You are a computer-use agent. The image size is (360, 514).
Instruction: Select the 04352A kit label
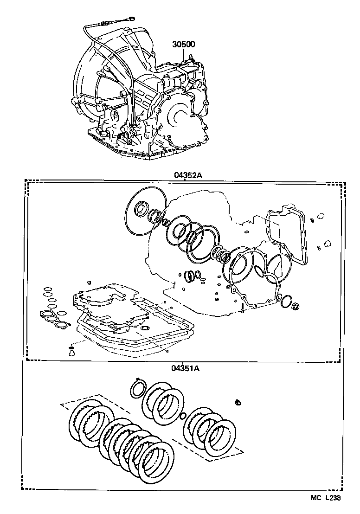pos(184,175)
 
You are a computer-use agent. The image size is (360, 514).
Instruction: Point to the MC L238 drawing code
pos(326,498)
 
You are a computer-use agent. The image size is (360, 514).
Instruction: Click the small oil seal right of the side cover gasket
pos(296,306)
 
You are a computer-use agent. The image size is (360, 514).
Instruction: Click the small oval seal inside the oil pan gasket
pos(145,328)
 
